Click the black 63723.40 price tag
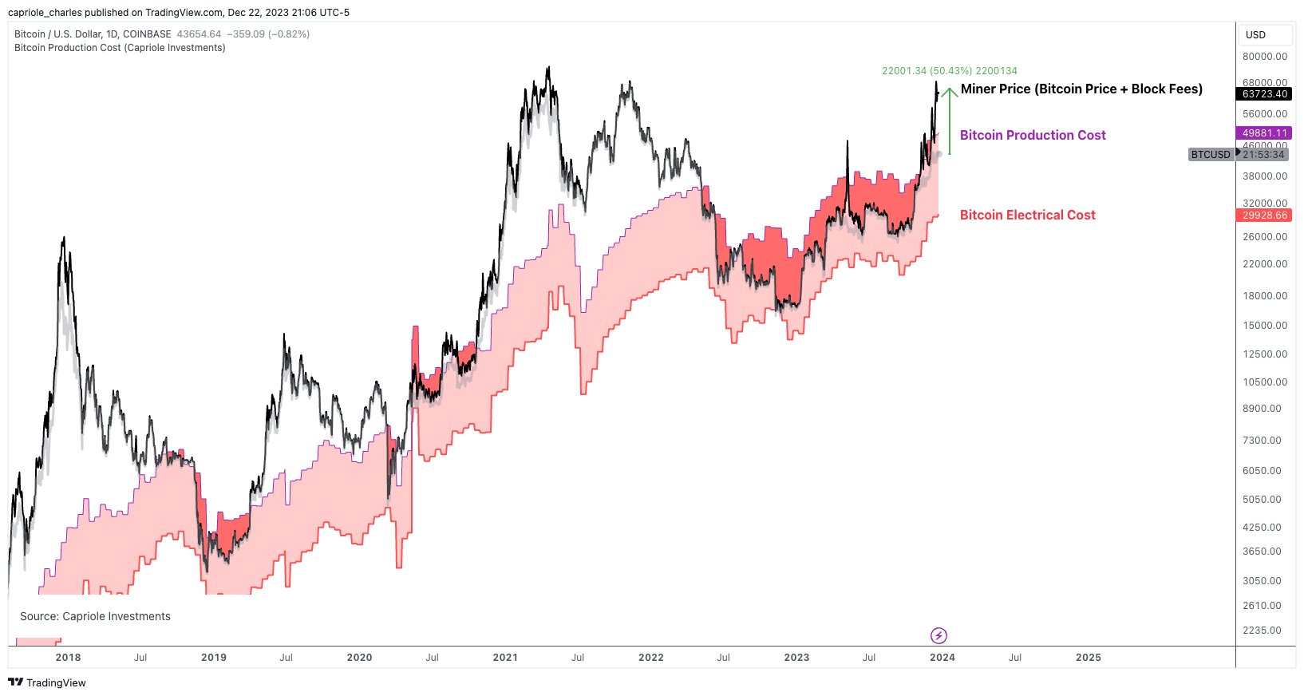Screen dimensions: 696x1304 click(x=1265, y=94)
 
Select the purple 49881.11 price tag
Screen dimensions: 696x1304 click(x=1265, y=133)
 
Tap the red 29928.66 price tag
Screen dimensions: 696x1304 click(x=1265, y=216)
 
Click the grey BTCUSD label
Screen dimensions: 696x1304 click(x=1211, y=155)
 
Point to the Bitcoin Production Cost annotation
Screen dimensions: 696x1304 click(x=1033, y=136)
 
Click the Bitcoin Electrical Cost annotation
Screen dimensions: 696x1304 click(x=1027, y=216)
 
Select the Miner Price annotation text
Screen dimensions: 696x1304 click(x=1081, y=89)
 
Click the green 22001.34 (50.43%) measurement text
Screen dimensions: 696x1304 click(x=949, y=71)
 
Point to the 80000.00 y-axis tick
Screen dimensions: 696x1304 click(x=1265, y=57)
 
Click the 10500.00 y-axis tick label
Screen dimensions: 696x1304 click(x=1265, y=382)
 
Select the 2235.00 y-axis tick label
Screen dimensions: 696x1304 click(x=1265, y=631)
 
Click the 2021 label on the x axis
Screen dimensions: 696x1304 click(x=505, y=658)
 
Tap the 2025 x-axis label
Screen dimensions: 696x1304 click(x=1088, y=658)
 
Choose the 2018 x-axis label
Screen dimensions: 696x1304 click(x=68, y=658)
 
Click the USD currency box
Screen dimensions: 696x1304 click(x=1264, y=35)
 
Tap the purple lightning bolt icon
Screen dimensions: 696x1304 click(x=939, y=635)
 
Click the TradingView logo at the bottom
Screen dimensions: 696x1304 click(x=47, y=682)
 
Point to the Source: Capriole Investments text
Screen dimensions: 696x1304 click(x=95, y=616)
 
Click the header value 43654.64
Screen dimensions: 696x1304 click(x=199, y=34)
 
